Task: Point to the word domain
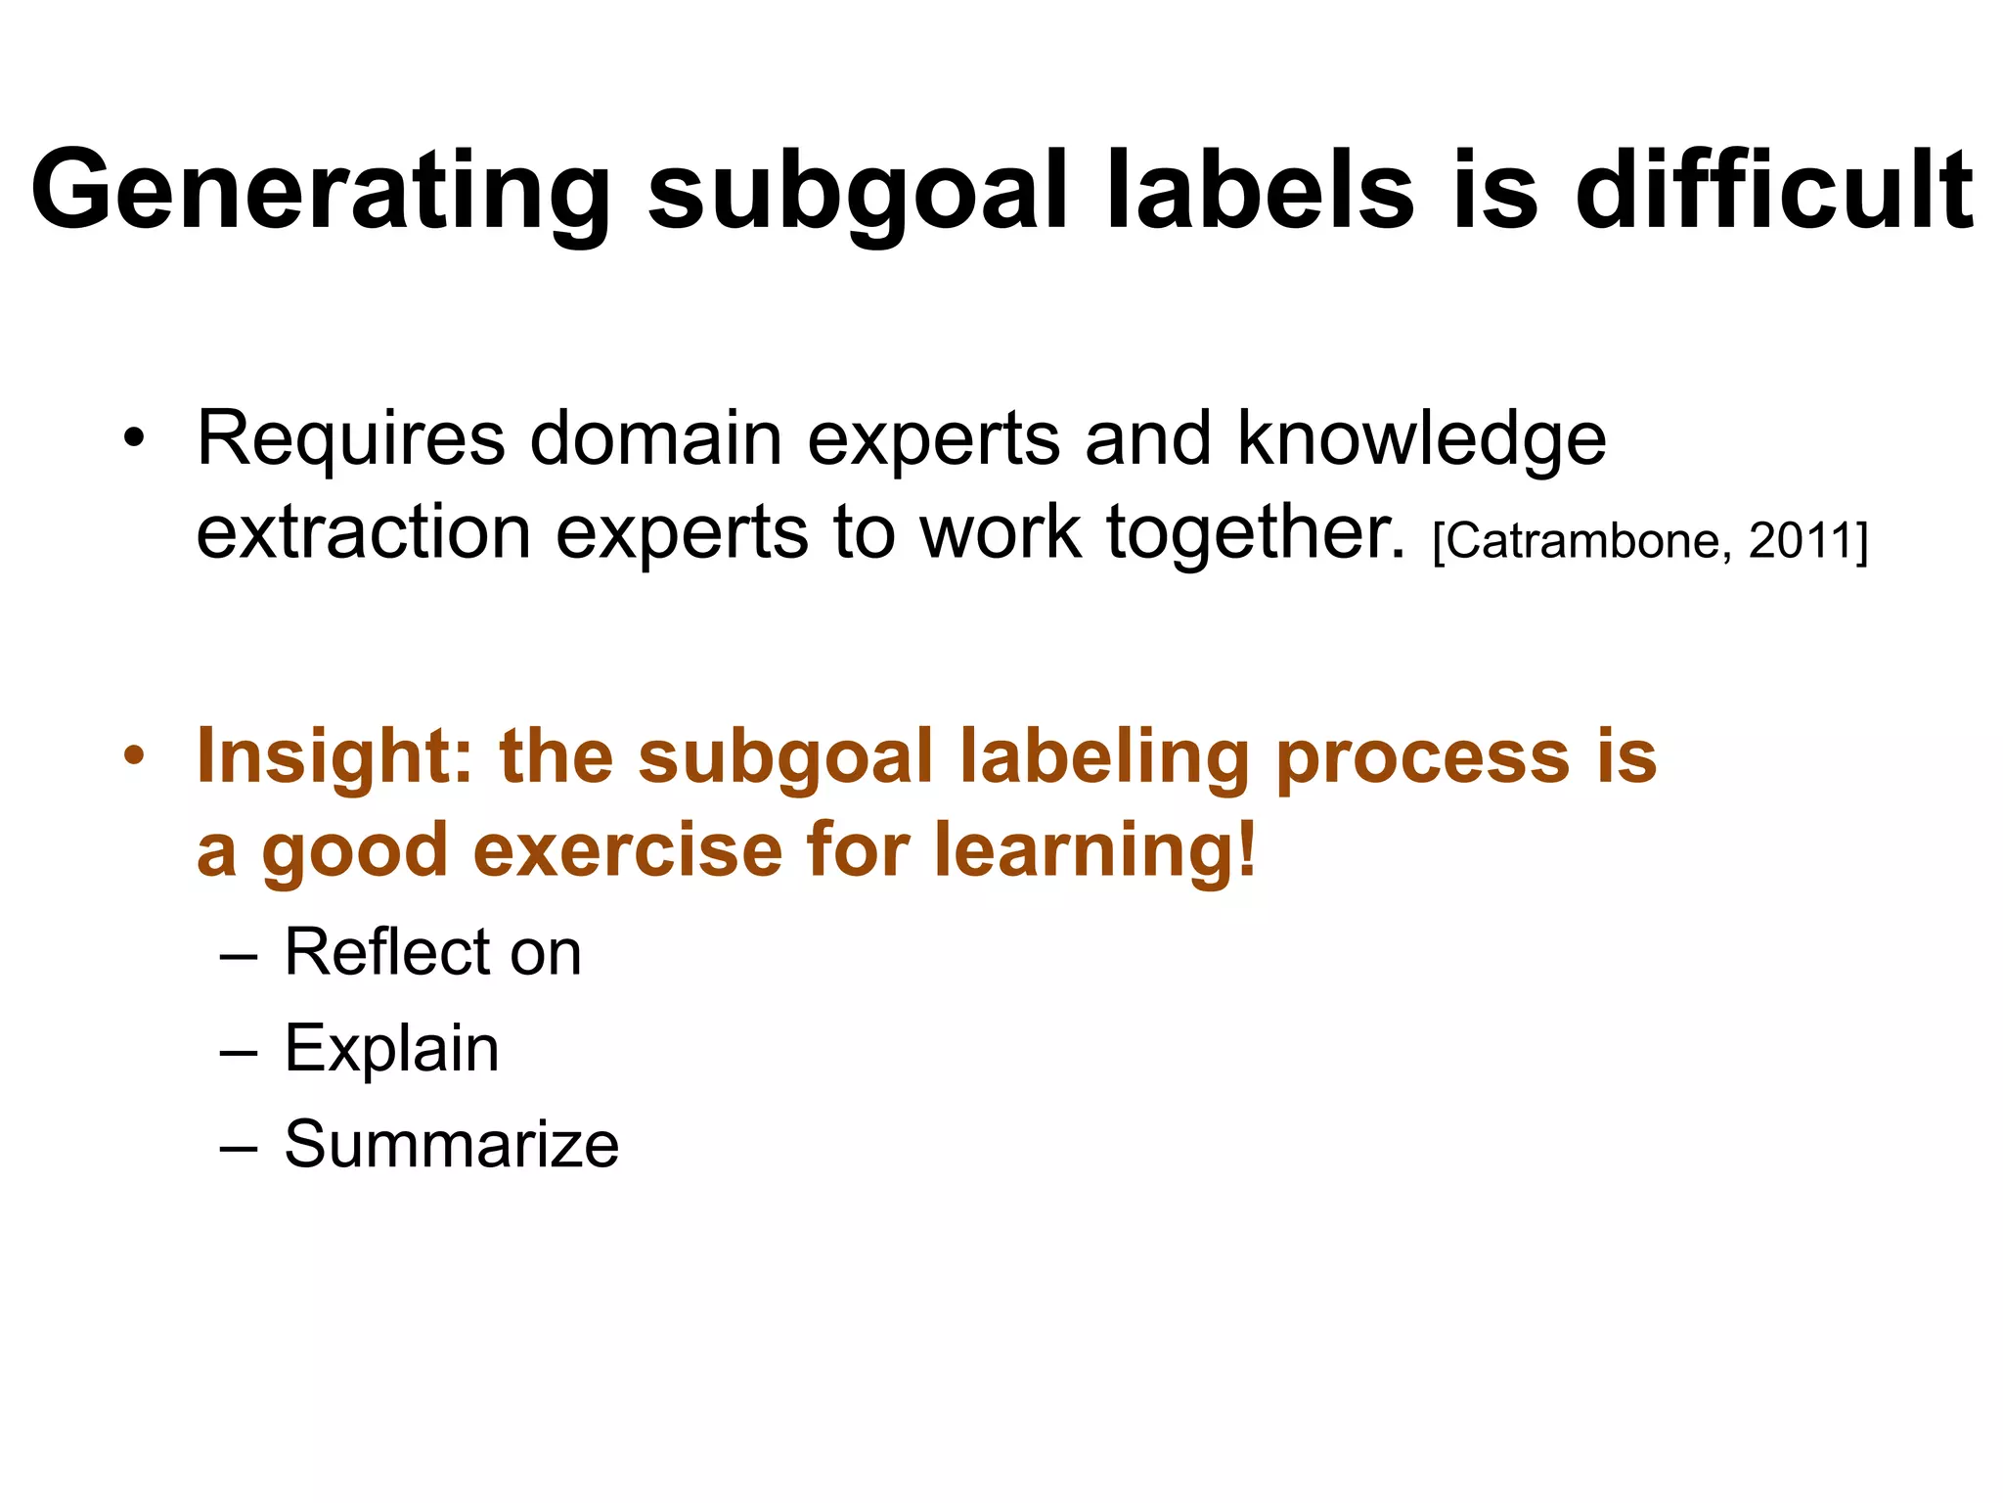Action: (x=655, y=439)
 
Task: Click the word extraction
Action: (x=364, y=533)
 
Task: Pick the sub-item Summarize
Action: (x=451, y=1144)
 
